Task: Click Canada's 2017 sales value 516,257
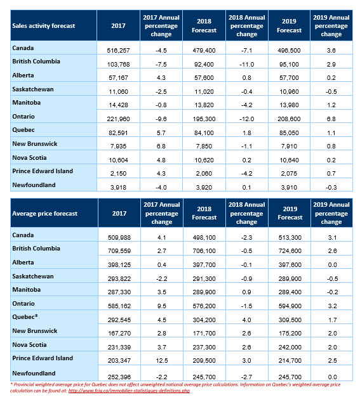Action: [x=118, y=50]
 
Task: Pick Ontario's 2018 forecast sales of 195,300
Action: [x=204, y=119]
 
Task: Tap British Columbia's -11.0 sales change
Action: [x=247, y=64]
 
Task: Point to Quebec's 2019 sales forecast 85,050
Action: [x=289, y=133]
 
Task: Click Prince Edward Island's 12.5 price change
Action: [x=162, y=360]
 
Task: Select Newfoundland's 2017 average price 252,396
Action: [x=119, y=377]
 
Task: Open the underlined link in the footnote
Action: [x=129, y=391]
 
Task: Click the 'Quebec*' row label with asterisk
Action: [x=25, y=316]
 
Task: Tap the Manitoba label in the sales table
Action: [x=27, y=103]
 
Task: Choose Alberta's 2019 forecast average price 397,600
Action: [x=290, y=264]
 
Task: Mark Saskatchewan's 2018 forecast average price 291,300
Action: [x=204, y=278]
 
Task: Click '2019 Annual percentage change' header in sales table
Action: [x=331, y=26]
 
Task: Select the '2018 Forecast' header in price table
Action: [x=204, y=213]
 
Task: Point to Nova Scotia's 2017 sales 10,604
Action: [x=118, y=160]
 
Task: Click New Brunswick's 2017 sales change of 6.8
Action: [x=161, y=146]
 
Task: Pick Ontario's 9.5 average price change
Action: [x=162, y=306]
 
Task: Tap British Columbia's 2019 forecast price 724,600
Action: [x=290, y=251]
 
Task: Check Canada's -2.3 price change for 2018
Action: [x=246, y=237]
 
